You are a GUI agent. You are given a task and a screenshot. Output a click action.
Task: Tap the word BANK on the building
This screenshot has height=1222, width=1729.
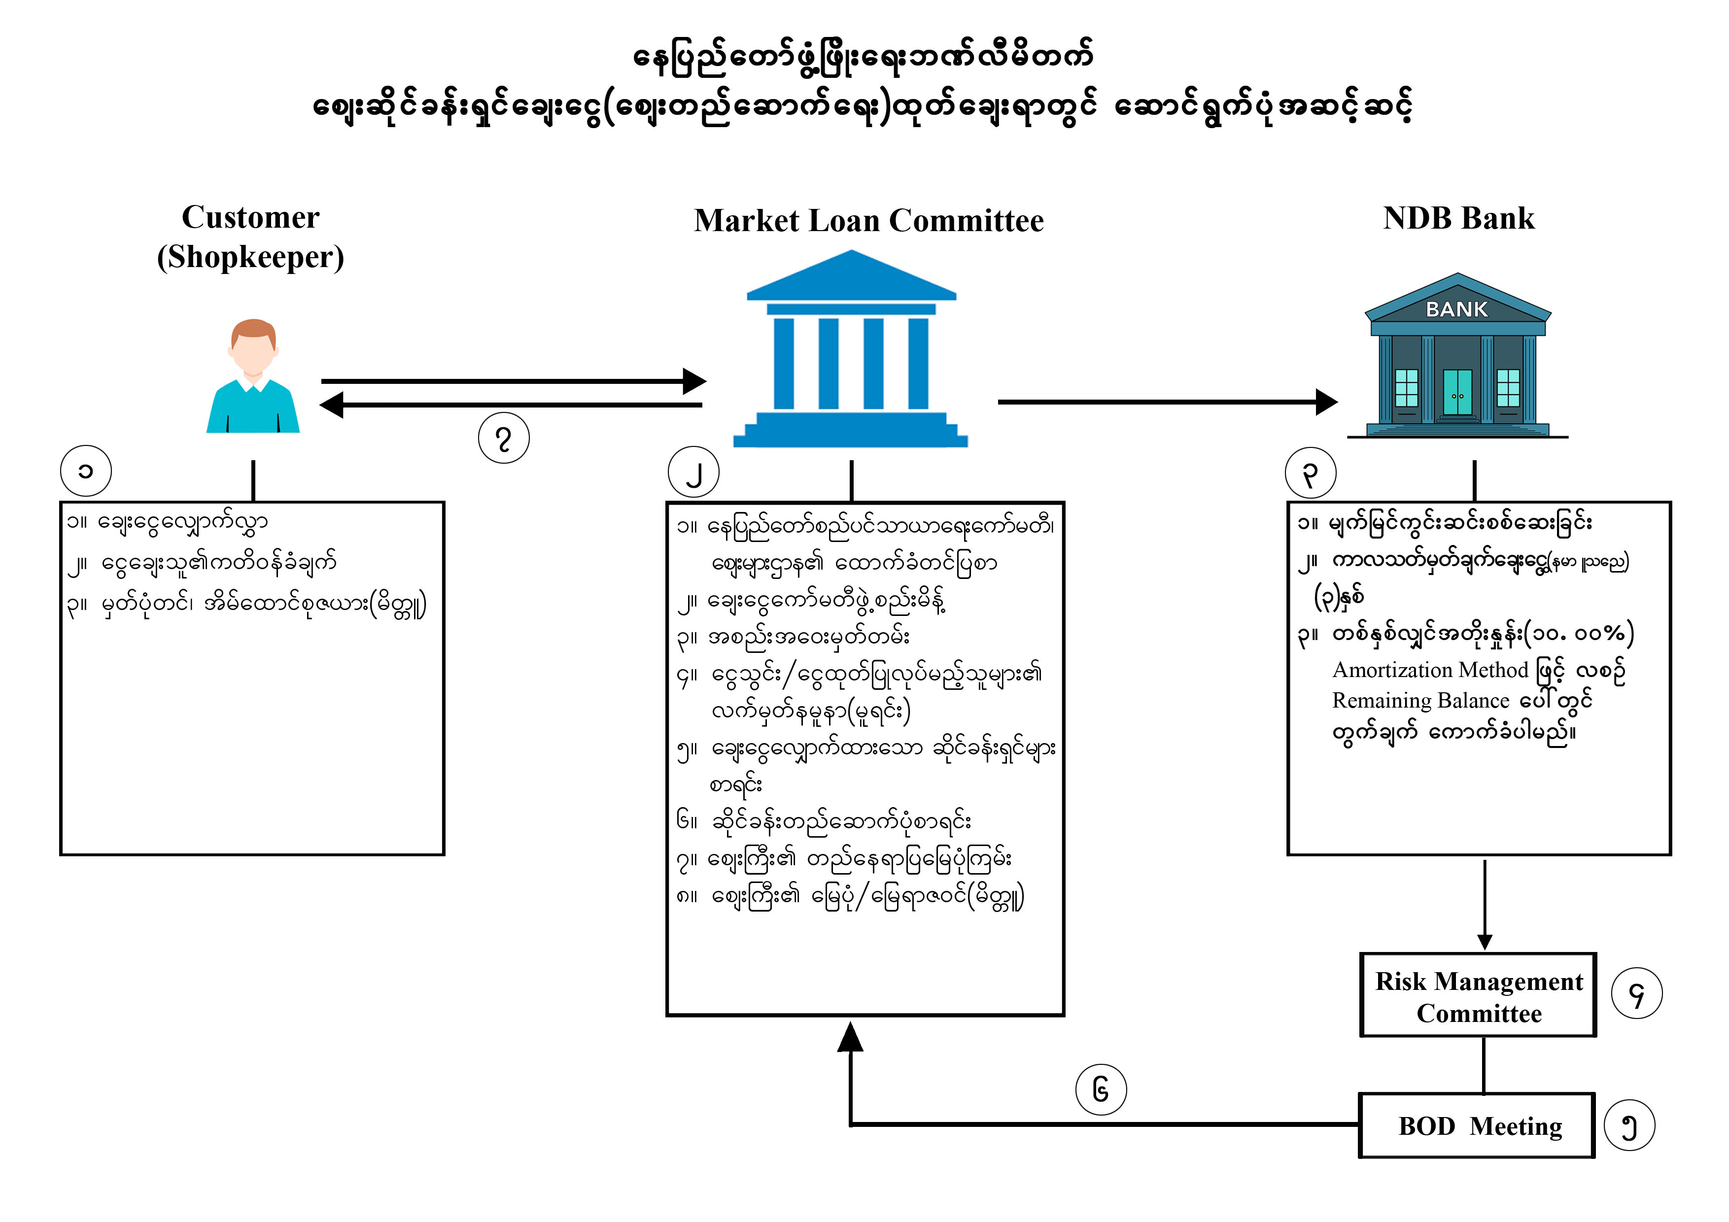coord(1456,309)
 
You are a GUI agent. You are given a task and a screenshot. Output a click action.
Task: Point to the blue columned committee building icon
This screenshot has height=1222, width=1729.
coord(851,350)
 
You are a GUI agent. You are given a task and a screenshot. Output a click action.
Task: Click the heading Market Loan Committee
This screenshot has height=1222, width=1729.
coord(868,221)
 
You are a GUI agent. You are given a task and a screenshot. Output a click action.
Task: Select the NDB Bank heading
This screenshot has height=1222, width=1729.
coord(1458,218)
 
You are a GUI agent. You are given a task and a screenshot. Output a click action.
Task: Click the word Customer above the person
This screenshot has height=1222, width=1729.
coord(251,218)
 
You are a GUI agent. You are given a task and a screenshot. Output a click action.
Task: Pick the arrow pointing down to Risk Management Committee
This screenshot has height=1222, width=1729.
coord(1484,904)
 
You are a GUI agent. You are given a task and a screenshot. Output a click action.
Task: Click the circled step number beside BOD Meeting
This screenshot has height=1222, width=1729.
coord(1629,1126)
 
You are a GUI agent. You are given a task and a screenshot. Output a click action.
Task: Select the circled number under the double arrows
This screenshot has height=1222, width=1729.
coord(504,438)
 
